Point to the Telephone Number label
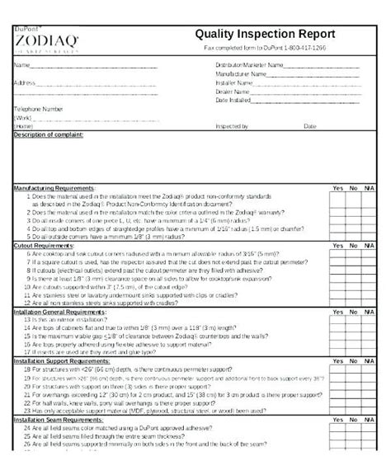tap(38, 109)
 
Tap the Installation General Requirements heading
tap(64, 313)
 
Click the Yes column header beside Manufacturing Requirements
tap(337, 189)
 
